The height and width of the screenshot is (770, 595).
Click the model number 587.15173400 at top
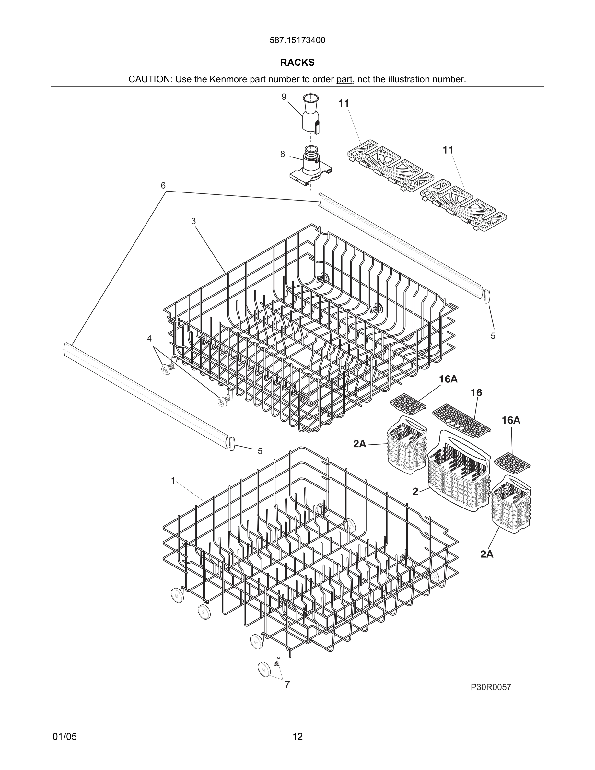tap(297, 41)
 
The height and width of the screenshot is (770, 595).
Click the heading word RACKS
tap(297, 63)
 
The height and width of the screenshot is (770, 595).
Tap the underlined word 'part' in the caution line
tap(344, 80)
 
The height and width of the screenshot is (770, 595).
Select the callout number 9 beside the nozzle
tap(284, 97)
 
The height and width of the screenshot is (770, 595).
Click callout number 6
tap(163, 186)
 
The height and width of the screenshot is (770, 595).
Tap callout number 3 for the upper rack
tap(193, 221)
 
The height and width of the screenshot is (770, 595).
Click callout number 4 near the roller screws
tap(149, 338)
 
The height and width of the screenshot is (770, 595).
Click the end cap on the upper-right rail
tap(487, 296)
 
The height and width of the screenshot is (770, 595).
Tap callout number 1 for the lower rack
tap(173, 481)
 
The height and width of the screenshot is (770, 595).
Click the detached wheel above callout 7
tap(264, 669)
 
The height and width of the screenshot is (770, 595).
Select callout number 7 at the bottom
tap(287, 685)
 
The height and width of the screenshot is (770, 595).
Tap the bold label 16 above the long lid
tap(476, 393)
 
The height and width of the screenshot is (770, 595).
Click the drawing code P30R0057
tap(491, 687)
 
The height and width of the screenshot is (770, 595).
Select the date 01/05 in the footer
tap(64, 737)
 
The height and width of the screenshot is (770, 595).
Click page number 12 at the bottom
tap(297, 737)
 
